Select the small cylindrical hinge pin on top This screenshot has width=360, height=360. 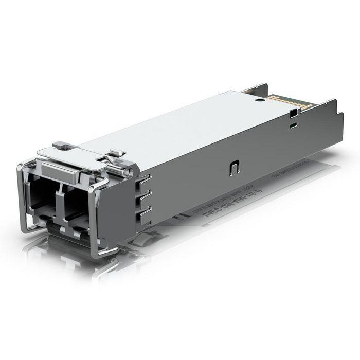pyautogui.click(x=117, y=153)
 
